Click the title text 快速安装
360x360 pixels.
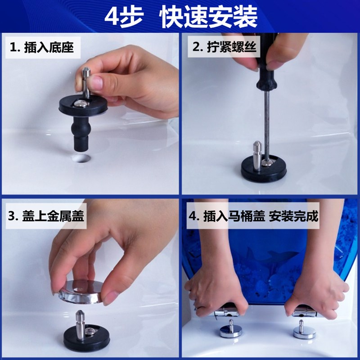pyautogui.click(x=209, y=17)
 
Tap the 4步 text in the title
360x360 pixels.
pyautogui.click(x=124, y=17)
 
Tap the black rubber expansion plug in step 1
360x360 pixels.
pyautogui.click(x=82, y=130)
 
